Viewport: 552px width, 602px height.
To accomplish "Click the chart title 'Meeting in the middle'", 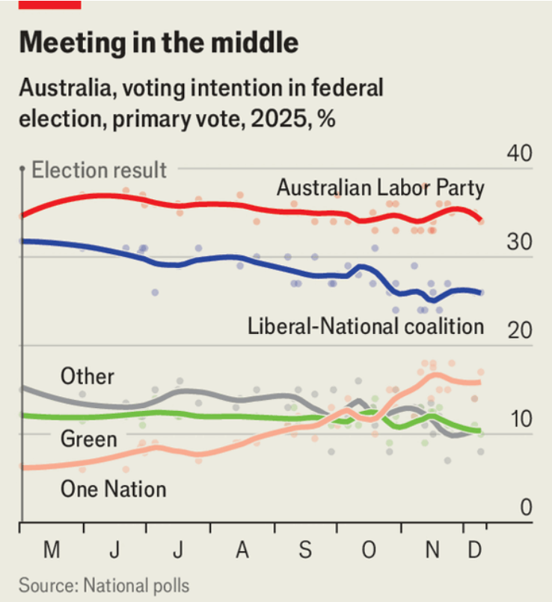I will pos(159,43).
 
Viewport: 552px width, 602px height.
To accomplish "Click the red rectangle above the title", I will pos(49,4).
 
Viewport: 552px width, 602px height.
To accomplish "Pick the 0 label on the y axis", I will pos(525,508).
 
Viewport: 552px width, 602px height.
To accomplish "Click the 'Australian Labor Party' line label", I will pos(380,188).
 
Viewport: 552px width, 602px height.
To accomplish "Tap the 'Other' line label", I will pos(88,375).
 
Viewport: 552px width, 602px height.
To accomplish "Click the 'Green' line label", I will pos(89,438).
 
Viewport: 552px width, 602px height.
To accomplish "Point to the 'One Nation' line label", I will pos(113,490).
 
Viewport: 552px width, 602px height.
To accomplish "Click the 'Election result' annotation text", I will pos(99,170).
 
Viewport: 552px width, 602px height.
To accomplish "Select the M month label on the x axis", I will pos(51,550).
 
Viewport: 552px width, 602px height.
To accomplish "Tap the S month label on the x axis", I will pos(304,550).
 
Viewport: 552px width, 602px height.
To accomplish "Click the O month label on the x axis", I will pos(368,550).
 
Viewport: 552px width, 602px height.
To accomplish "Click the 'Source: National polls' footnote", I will pos(104,584).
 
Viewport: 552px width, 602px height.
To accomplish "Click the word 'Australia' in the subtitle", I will pos(63,88).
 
